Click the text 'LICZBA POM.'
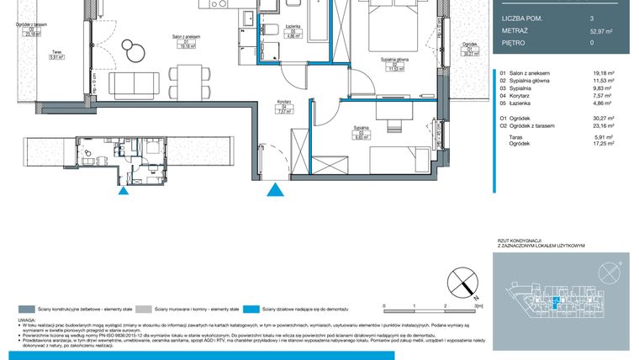click(520, 18)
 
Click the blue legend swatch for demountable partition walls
click(253, 310)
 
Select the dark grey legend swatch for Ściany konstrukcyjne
click(28, 310)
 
